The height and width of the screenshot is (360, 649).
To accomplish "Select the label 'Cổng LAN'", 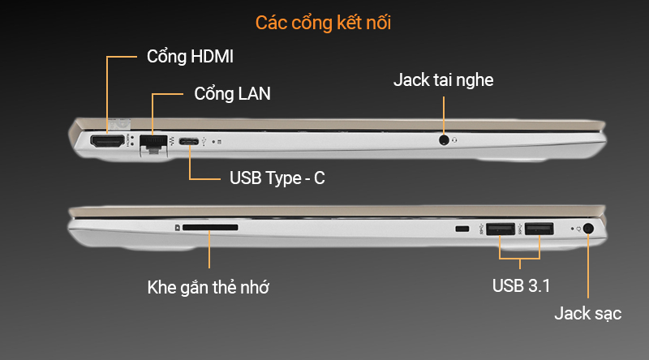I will [x=232, y=93].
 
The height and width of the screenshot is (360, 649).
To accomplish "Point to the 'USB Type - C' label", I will [x=277, y=178].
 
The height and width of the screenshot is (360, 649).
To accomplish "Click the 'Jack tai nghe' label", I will [x=444, y=80].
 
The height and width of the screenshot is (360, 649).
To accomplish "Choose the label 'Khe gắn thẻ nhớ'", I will [x=208, y=287].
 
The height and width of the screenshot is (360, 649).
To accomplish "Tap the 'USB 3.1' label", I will [x=522, y=285].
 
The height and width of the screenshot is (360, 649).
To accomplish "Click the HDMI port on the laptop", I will [x=108, y=142].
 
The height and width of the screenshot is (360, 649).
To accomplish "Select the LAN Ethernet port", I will [x=152, y=143].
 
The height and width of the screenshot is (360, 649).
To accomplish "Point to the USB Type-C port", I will [x=190, y=143].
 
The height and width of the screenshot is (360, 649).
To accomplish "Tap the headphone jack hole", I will [x=444, y=139].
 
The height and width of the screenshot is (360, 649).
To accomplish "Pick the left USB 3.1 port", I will [x=501, y=229].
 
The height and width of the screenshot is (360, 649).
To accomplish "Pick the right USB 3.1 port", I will [x=539, y=229].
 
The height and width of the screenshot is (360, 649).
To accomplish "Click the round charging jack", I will [x=588, y=229].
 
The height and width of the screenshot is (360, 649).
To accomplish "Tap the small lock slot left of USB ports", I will [x=462, y=230].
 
